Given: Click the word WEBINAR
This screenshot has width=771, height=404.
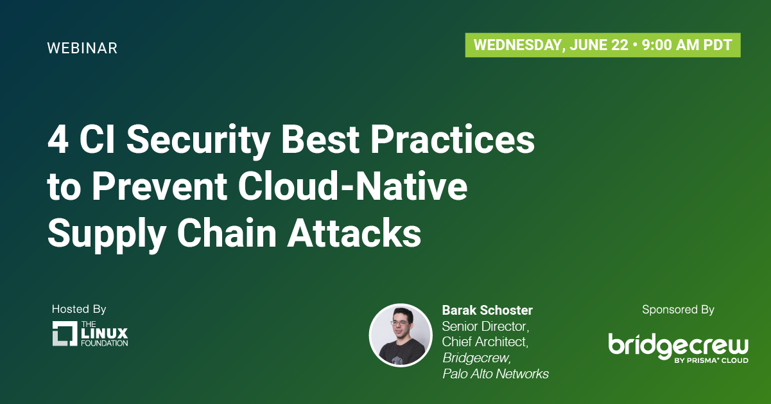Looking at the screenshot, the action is [82, 48].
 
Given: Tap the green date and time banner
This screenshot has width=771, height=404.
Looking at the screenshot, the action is [603, 45].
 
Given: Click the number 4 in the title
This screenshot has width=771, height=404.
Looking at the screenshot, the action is [58, 139].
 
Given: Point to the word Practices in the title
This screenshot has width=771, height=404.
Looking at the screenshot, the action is [453, 139].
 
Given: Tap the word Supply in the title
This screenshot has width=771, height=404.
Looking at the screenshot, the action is [107, 236].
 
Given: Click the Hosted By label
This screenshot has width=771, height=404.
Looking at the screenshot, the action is [79, 310].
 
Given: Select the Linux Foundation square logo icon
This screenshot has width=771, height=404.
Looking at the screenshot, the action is [65, 333].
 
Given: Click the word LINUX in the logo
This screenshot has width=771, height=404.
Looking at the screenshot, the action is [105, 333].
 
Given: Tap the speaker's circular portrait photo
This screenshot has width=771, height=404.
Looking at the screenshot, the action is [401, 335].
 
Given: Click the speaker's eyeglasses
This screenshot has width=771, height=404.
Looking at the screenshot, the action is [399, 323].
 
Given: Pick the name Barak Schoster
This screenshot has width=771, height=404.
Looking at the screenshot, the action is [487, 310].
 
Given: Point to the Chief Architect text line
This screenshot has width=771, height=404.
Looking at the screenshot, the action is [485, 342].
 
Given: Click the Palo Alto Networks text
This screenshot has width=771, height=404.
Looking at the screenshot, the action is [496, 374].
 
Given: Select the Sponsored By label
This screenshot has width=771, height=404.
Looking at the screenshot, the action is [678, 310].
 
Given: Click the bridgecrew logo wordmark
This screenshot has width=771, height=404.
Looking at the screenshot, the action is [678, 346].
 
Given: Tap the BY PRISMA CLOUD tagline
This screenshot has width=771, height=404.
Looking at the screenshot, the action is [711, 360].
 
